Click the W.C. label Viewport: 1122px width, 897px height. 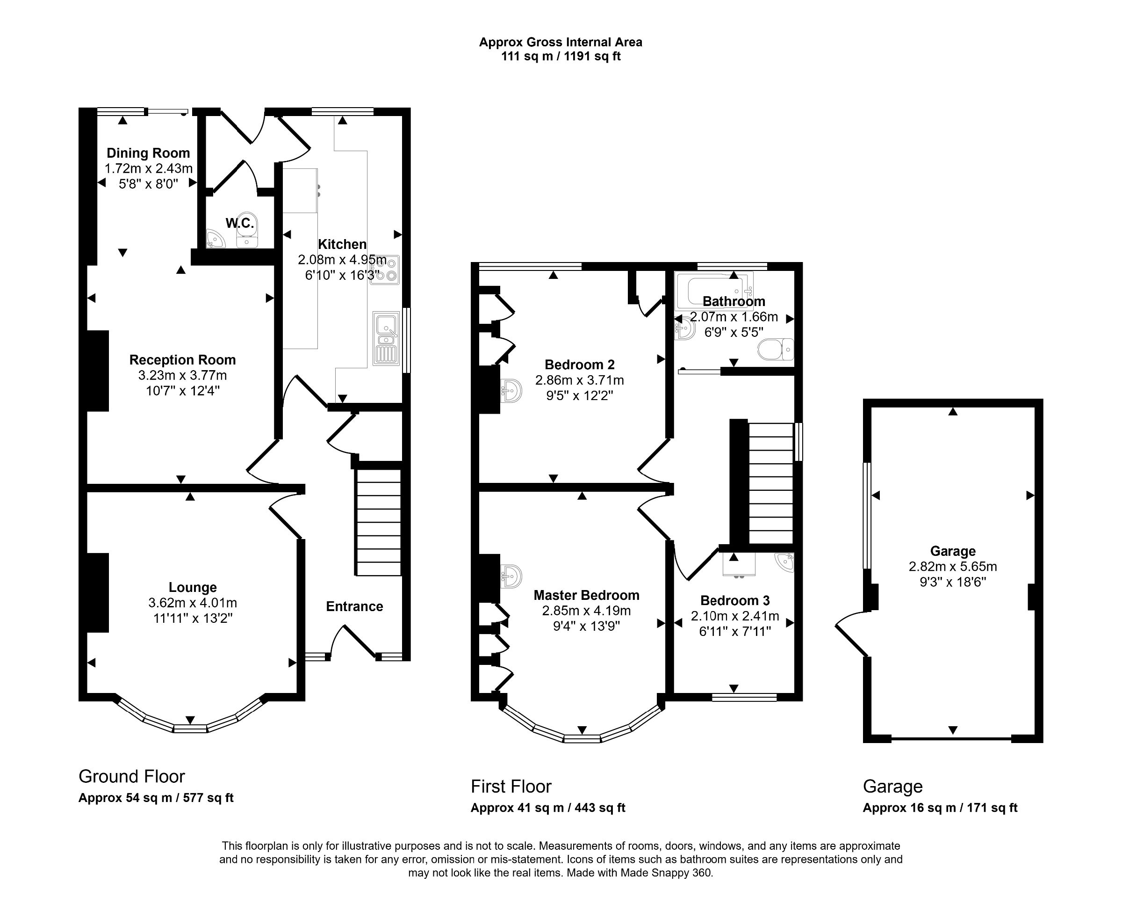coord(239,224)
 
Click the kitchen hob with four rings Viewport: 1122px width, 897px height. coord(385,270)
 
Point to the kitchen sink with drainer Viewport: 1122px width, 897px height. coord(386,339)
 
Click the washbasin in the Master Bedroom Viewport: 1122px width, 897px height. coord(511,576)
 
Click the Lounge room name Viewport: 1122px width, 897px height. coord(193,588)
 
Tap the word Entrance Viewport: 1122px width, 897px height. coord(354,606)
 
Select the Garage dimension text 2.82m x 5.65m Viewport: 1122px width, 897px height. coord(952,567)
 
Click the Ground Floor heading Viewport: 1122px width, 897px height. coord(132,777)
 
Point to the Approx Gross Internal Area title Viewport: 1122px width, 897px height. coord(561,42)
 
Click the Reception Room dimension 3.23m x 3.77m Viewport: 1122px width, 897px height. coord(182,376)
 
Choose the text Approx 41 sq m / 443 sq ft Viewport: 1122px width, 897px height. coord(548,808)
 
